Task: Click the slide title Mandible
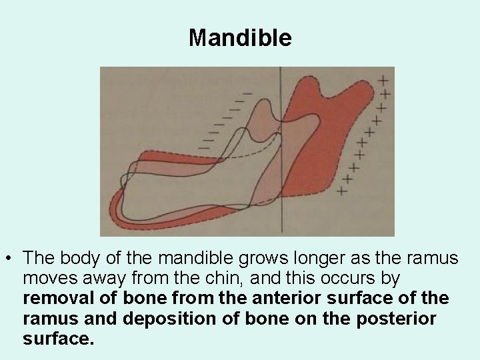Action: click(240, 38)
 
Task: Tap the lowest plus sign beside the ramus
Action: click(343, 190)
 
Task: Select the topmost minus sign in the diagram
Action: click(248, 93)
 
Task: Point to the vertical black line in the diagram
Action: click(281, 153)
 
